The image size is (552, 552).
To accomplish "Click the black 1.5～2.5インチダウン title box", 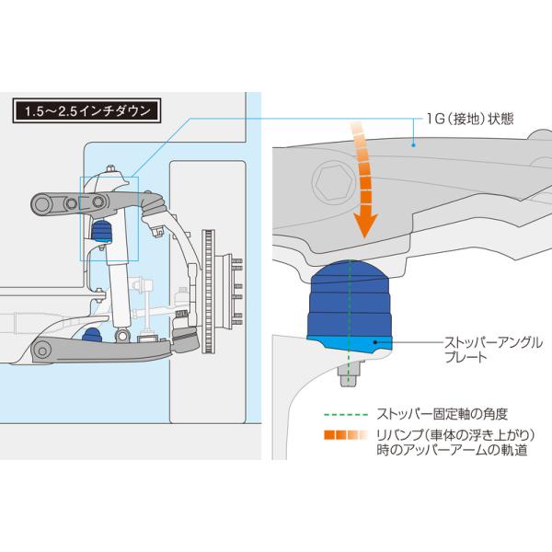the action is (x=87, y=110).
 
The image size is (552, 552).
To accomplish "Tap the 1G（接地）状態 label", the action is (x=470, y=119).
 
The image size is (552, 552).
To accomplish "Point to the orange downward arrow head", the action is (x=365, y=225).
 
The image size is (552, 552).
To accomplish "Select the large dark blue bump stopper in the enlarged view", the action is (x=350, y=299).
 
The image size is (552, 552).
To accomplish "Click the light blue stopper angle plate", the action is (x=350, y=344).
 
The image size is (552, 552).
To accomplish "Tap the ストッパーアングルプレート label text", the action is (x=493, y=350).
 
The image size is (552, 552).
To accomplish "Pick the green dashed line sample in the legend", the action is (x=346, y=415).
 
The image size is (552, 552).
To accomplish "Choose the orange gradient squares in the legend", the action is (x=345, y=435).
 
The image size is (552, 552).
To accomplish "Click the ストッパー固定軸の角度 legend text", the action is (x=442, y=414).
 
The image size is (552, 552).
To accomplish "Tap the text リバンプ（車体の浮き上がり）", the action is (x=455, y=435).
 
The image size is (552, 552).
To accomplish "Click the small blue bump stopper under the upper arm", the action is (x=102, y=231).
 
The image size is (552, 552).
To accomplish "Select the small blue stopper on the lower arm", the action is (x=92, y=335).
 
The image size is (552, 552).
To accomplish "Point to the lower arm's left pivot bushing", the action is (x=42, y=351).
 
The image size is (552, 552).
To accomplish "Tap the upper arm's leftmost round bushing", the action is (x=42, y=204).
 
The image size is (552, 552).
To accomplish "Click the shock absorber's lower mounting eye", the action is (x=122, y=336).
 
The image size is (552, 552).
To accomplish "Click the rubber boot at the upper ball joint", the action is (x=155, y=206).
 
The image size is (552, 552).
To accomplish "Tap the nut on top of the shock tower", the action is (x=109, y=168).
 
